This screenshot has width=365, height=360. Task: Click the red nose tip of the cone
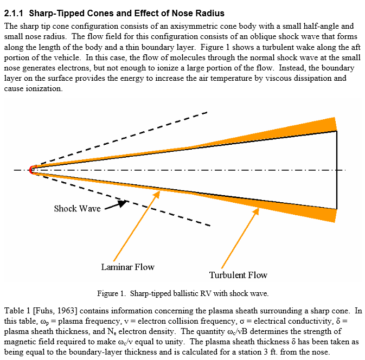(x=31, y=170)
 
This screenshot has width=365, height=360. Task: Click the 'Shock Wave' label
(x=77, y=209)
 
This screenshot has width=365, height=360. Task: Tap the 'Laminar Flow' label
(x=128, y=267)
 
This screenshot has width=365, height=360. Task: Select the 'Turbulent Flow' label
(x=238, y=275)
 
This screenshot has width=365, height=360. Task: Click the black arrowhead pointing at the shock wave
(x=123, y=203)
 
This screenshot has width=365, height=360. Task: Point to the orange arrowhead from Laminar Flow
(x=157, y=194)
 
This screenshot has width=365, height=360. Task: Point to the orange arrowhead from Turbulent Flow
(x=256, y=211)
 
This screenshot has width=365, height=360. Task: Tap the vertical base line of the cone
(x=337, y=170)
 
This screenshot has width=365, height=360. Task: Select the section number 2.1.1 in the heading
(x=14, y=13)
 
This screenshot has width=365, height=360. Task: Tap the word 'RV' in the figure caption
(x=205, y=293)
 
